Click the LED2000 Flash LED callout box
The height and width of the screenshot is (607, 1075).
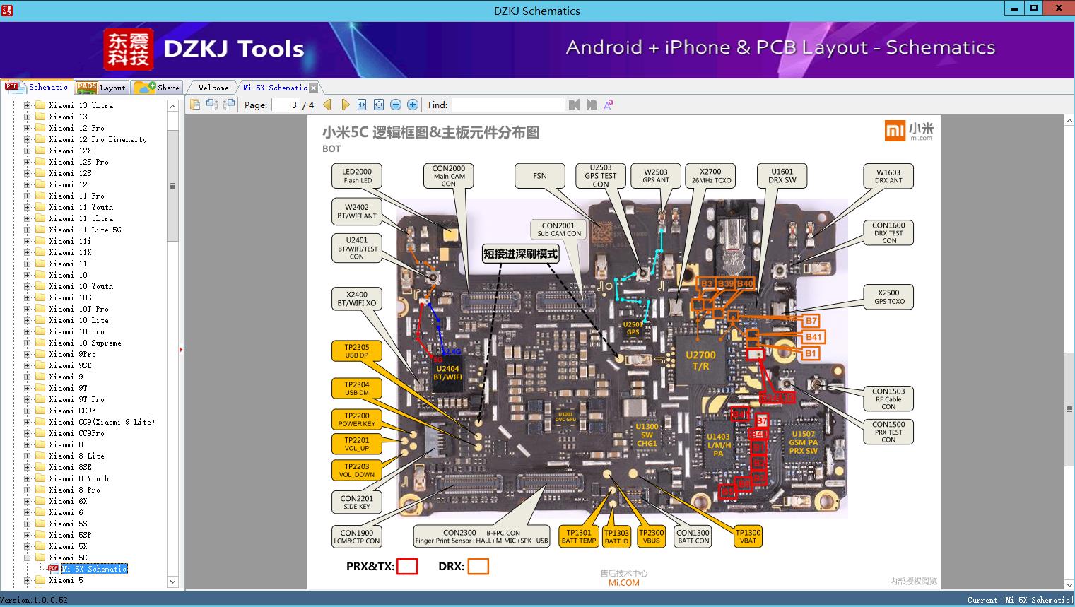357,175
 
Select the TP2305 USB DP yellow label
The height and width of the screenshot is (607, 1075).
357,351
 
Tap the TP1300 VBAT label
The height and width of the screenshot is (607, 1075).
748,536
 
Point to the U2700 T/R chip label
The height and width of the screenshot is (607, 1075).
700,360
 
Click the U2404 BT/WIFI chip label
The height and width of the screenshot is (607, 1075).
447,372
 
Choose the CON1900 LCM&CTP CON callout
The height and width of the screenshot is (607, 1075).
357,537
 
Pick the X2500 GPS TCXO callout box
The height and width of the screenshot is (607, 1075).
888,297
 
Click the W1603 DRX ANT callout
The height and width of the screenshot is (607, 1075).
888,176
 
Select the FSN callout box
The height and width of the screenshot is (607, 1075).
540,176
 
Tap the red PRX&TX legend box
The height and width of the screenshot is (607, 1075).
407,566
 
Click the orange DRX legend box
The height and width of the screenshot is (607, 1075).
478,566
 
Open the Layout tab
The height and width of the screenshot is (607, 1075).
102,88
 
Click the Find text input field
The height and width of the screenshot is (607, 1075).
508,105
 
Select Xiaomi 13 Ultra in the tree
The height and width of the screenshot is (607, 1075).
81,105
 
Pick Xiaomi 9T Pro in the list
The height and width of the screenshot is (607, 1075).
76,399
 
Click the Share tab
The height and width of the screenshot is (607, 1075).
158,88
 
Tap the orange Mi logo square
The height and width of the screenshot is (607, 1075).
895,130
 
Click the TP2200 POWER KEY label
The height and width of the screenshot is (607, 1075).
357,420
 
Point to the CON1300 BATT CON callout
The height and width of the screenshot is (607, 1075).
693,537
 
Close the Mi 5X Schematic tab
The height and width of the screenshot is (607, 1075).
314,88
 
